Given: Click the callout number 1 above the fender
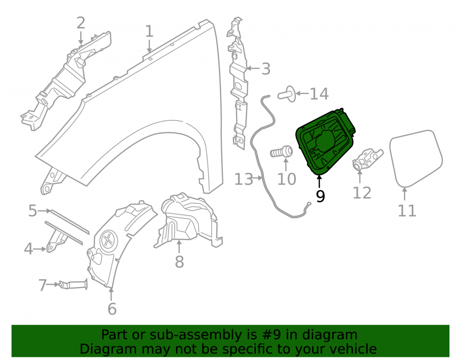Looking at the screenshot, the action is click(x=149, y=31).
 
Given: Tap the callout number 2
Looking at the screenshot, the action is click(x=81, y=23).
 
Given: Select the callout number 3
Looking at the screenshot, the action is click(x=266, y=69).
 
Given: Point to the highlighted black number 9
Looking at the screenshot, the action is click(x=320, y=196).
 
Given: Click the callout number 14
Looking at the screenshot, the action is click(x=319, y=94).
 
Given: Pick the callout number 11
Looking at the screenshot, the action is click(x=407, y=210).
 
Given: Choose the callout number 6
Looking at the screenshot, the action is click(x=112, y=308).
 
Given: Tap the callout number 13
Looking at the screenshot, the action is click(x=243, y=179).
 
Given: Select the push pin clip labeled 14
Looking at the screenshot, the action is click(x=287, y=94).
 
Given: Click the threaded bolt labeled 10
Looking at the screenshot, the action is click(x=282, y=152).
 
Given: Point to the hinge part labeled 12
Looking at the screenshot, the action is click(x=367, y=159).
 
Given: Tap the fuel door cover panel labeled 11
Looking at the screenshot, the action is click(x=416, y=159).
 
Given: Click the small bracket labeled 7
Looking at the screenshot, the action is click(x=73, y=284).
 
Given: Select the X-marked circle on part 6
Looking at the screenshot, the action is click(x=108, y=240).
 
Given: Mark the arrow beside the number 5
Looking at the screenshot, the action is click(x=45, y=211).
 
